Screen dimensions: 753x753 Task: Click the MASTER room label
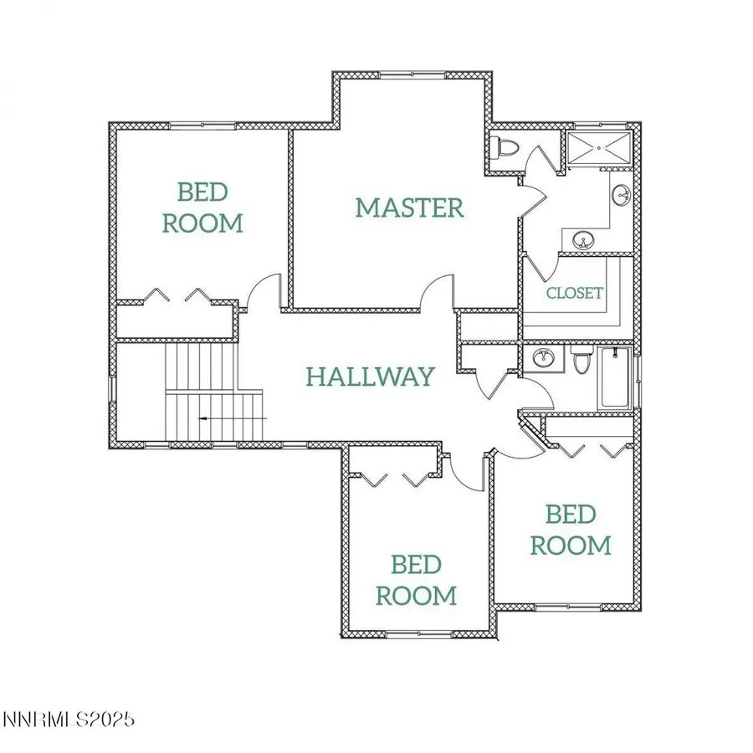(409, 207)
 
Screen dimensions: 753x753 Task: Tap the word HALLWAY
(370, 376)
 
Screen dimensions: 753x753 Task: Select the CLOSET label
(574, 293)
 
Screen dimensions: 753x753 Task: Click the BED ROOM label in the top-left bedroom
(202, 207)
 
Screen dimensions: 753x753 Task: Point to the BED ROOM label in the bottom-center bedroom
(416, 580)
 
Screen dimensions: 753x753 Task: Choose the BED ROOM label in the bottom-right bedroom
(571, 530)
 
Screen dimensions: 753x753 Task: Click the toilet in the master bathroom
(505, 148)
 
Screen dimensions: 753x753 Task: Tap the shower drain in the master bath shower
(599, 148)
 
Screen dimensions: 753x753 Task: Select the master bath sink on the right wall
(622, 196)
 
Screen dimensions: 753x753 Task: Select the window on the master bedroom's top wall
(412, 75)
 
